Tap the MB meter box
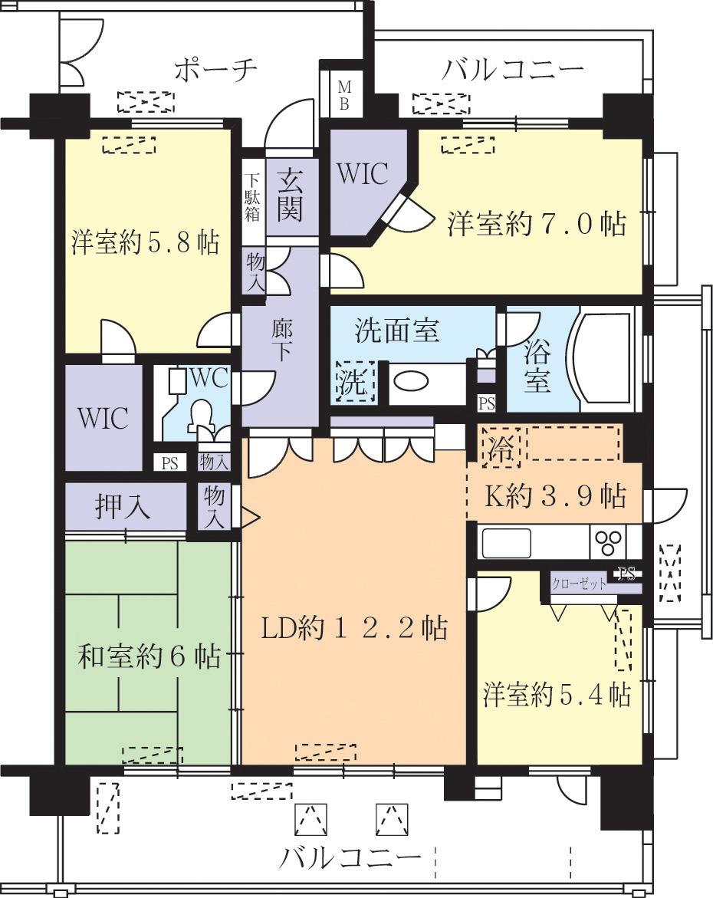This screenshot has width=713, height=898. [x=344, y=94]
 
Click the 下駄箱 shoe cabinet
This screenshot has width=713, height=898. [x=253, y=198]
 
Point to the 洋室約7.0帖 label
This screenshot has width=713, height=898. [x=537, y=224]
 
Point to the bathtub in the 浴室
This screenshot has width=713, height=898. [x=605, y=360]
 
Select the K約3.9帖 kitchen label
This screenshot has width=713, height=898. [x=557, y=496]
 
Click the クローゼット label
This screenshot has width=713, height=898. [x=579, y=584]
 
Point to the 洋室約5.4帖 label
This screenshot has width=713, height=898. [x=557, y=695]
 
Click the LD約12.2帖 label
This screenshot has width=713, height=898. [x=354, y=629]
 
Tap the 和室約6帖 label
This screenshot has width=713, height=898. [x=149, y=656]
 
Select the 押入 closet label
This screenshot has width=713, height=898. [x=123, y=507]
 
